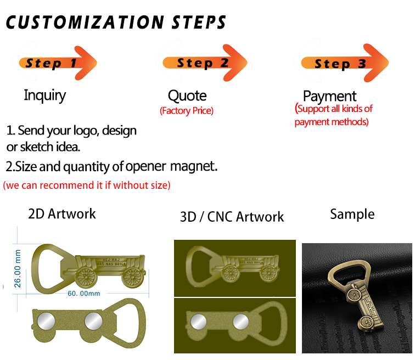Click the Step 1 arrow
tap(58, 62)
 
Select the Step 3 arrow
tap(343, 63)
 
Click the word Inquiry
tap(44, 95)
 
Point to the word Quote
tap(187, 96)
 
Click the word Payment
tap(329, 96)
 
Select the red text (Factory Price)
tap(186, 111)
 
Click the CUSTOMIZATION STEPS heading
tap(116, 22)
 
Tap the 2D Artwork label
tap(62, 213)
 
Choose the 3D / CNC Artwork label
tap(232, 217)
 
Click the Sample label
tap(352, 213)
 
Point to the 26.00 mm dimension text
tap(18, 269)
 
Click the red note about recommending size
tap(87, 185)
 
